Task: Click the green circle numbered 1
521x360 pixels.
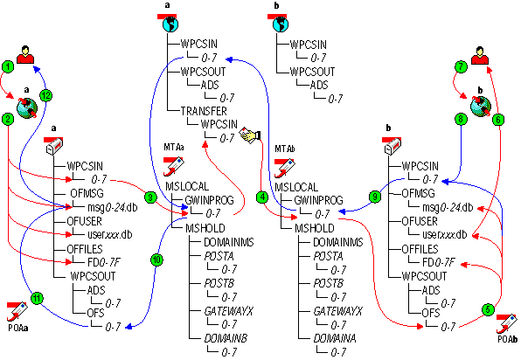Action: (9, 66)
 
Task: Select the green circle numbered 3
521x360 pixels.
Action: (150, 199)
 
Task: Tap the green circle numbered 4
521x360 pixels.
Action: (260, 196)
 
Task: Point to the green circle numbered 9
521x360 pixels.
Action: (375, 197)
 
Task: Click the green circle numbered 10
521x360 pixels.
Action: (156, 259)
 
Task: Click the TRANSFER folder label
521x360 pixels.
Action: (204, 112)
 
